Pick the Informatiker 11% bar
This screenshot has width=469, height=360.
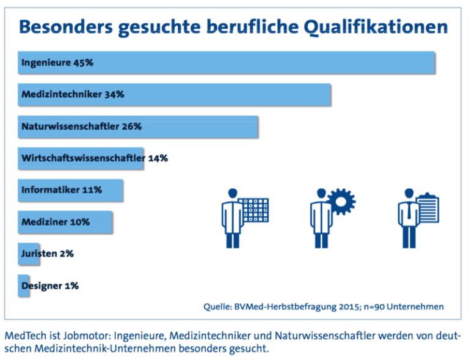coord(71,190)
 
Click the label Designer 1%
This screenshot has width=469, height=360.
coord(49,285)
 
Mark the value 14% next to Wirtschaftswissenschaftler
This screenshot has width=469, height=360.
coord(158,158)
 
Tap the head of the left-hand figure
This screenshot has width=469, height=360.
coord(231,193)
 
